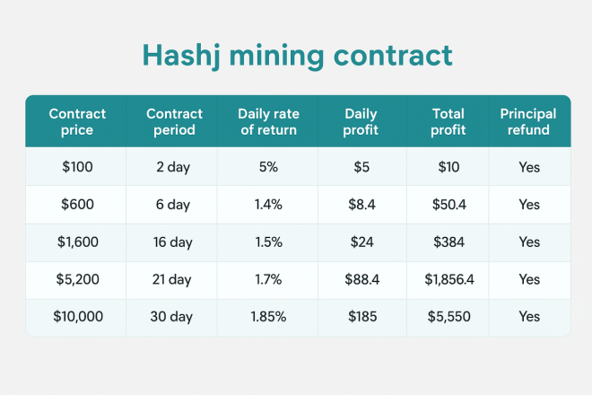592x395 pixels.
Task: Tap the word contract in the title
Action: pyautogui.click(x=399, y=55)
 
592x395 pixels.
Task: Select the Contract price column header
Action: pyautogui.click(x=76, y=121)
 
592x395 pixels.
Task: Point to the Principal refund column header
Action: pyautogui.click(x=528, y=121)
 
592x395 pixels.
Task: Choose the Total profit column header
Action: pyautogui.click(x=447, y=121)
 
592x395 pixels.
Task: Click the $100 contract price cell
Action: pyautogui.click(x=76, y=167)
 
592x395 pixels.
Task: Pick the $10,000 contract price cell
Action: pyautogui.click(x=76, y=317)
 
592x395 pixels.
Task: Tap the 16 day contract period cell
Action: pyautogui.click(x=171, y=242)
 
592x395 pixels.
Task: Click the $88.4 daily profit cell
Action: pyautogui.click(x=362, y=280)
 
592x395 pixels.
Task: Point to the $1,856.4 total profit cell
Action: pyautogui.click(x=447, y=280)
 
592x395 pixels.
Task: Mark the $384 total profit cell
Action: pyautogui.click(x=447, y=242)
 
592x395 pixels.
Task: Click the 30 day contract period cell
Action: pyautogui.click(x=171, y=317)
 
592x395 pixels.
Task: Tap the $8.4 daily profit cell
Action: pyautogui.click(x=362, y=205)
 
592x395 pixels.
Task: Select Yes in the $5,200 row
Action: pyautogui.click(x=528, y=280)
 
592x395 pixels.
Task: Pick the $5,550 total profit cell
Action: pyautogui.click(x=447, y=317)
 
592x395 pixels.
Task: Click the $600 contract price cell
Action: pyautogui.click(x=76, y=205)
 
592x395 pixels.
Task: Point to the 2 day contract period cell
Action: pyautogui.click(x=171, y=167)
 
